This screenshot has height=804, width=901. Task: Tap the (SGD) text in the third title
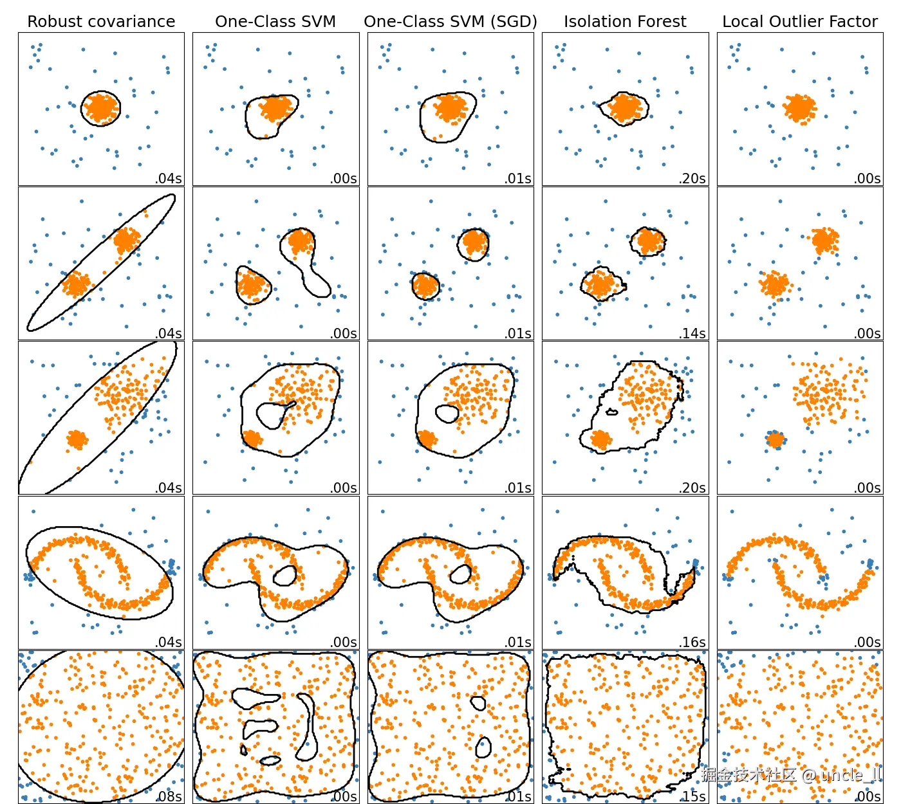(x=512, y=22)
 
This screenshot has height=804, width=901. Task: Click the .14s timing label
(x=692, y=333)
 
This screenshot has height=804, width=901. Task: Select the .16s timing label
(x=692, y=642)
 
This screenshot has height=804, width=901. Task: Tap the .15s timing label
(x=694, y=796)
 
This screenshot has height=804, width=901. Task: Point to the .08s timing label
(x=169, y=796)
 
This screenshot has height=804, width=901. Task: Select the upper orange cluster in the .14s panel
(x=647, y=241)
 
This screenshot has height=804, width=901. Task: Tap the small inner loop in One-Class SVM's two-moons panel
(x=284, y=575)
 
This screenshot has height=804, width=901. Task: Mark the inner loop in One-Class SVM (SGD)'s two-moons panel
(x=460, y=574)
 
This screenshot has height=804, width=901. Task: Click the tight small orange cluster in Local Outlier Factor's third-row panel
(x=776, y=440)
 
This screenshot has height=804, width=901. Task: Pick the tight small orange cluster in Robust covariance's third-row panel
(x=77, y=439)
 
